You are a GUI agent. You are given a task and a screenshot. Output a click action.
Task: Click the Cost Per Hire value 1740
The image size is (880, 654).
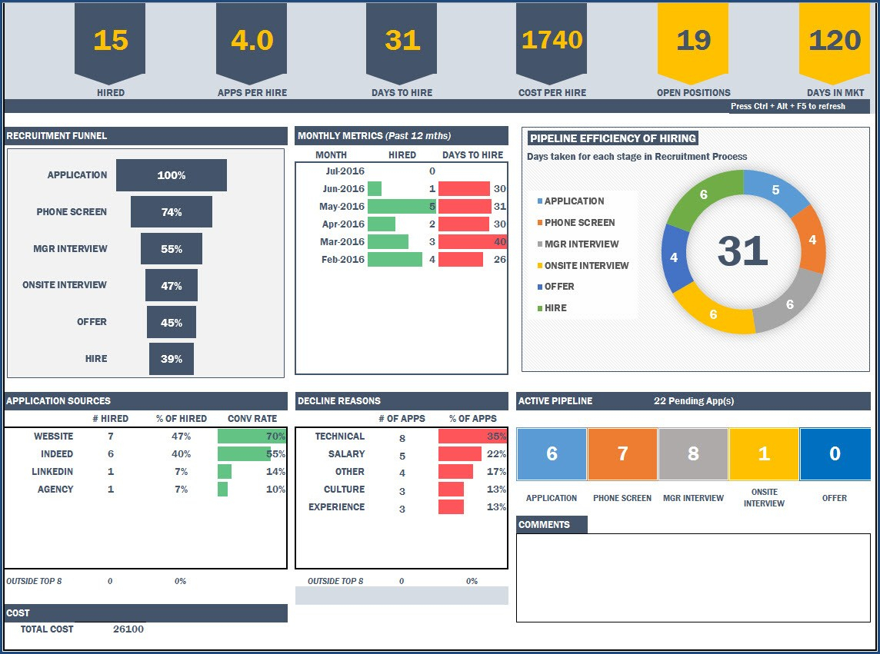552,40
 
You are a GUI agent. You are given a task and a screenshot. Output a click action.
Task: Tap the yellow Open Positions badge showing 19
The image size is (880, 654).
692,41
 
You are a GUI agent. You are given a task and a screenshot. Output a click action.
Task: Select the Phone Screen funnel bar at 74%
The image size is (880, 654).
171,212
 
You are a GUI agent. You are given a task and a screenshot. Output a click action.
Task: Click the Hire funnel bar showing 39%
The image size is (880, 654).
171,359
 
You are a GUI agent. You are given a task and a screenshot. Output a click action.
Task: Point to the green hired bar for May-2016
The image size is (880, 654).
401,206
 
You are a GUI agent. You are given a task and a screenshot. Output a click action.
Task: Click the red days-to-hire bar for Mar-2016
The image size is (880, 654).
472,241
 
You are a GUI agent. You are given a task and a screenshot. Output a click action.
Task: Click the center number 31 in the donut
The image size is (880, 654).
742,251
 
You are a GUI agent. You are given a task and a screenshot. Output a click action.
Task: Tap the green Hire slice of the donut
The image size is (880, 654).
705,197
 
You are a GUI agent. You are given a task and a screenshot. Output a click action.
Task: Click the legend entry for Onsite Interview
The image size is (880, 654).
586,265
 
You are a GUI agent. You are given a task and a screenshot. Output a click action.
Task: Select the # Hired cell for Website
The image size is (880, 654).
111,437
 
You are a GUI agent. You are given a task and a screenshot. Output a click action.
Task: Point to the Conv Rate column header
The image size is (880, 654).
252,419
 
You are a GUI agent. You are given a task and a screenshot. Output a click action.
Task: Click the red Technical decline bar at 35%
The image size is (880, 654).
472,437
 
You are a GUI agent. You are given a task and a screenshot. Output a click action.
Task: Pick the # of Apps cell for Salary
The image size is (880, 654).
402,456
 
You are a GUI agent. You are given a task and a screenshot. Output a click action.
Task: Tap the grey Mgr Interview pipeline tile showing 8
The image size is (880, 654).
693,453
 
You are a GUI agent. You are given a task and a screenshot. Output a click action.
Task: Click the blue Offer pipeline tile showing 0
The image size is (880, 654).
835,453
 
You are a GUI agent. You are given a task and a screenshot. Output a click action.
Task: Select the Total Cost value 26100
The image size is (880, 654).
128,629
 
